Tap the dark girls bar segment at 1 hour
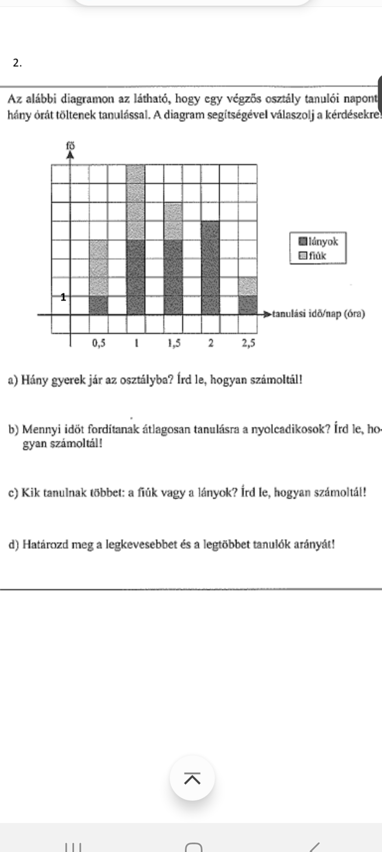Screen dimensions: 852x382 136,277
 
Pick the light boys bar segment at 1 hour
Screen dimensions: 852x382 136,202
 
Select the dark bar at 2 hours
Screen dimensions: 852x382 210,267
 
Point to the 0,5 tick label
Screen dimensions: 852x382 99,343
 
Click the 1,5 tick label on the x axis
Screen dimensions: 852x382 174,343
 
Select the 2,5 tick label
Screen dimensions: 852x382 248,343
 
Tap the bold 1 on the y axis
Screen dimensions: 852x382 63,297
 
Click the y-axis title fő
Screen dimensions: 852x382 71,145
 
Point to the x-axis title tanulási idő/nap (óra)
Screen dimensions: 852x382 318,314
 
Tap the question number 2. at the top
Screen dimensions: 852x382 17,63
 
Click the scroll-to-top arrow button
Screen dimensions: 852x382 192,779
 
